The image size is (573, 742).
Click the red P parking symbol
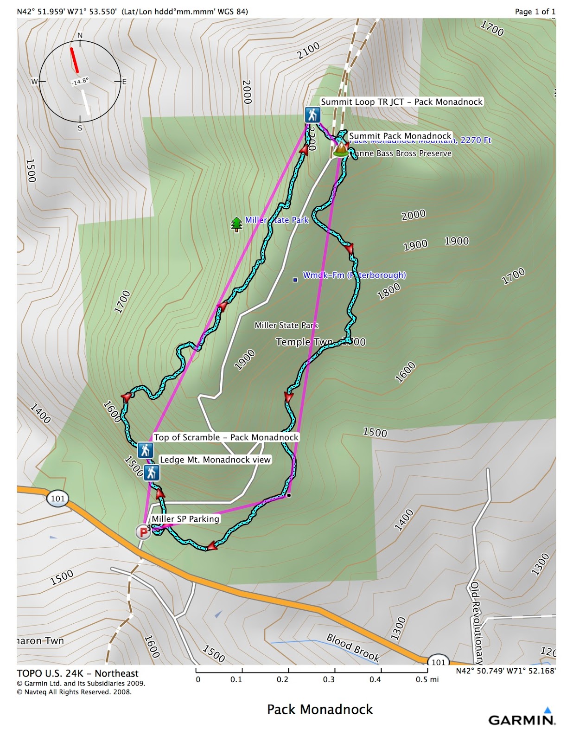point(143,532)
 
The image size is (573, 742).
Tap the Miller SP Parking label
point(185,519)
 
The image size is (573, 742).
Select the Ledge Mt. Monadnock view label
point(215,460)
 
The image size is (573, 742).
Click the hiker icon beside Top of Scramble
point(146,450)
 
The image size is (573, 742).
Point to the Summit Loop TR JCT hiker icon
point(312,115)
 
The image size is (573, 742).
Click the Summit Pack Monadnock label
point(400,136)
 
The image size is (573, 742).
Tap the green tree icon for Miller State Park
point(237,224)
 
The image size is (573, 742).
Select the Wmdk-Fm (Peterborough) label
point(354,275)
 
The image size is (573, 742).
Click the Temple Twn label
point(304,342)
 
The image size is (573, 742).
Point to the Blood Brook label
point(353,647)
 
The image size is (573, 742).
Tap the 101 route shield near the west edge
point(58,499)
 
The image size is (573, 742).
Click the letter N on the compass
point(80,36)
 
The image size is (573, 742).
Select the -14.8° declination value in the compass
point(80,82)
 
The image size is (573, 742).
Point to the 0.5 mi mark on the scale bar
point(427,679)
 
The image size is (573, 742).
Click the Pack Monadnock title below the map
point(320,710)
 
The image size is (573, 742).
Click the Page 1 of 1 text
point(535,12)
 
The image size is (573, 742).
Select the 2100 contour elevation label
point(308,51)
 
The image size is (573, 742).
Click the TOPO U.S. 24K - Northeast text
point(77,673)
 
